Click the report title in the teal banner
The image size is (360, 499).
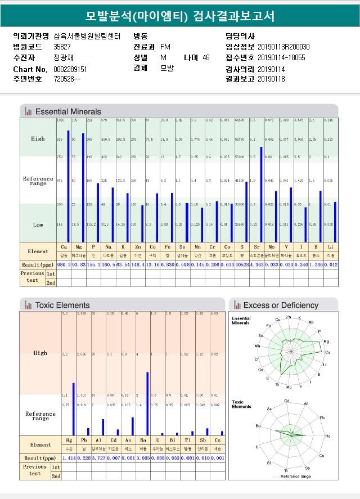pyautogui.click(x=180, y=16)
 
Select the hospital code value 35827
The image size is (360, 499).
pyautogui.click(x=62, y=47)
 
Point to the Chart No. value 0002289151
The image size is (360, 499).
pyautogui.click(x=70, y=69)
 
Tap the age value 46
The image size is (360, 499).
pyautogui.click(x=206, y=57)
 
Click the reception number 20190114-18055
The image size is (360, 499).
pyautogui.click(x=281, y=57)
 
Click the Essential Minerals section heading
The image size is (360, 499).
pyautogui.click(x=68, y=111)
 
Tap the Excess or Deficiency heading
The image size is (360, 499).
pyautogui.click(x=281, y=305)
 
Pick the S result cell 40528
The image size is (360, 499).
pyautogui.click(x=242, y=264)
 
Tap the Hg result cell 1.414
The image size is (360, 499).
pyautogui.click(x=69, y=458)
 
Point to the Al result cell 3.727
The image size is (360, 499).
pyautogui.click(x=99, y=458)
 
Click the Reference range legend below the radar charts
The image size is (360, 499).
pyautogui.click(x=294, y=476)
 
